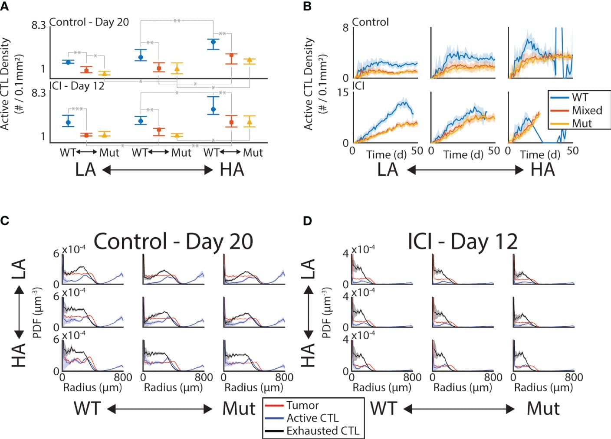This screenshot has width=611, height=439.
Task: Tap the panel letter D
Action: coord(307,220)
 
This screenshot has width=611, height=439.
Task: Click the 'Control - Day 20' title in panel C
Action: coord(173,242)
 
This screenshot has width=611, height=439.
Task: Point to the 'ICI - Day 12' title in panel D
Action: coord(463,242)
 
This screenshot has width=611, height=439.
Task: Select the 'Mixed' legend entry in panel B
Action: coord(587,110)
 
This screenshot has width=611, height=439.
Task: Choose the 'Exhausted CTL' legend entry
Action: coord(322,431)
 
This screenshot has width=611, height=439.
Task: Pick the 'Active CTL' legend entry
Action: coord(312,418)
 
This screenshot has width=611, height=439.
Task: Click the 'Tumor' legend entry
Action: coord(302,406)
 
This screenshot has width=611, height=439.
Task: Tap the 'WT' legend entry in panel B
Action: coord(580,98)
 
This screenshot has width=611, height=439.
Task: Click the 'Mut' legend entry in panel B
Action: coord(581,123)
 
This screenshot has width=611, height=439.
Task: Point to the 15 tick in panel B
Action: coord(343,93)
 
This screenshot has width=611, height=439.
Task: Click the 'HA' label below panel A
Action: coord(232,170)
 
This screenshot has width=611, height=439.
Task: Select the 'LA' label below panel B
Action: coord(388,170)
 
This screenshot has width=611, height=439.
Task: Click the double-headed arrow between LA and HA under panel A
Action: coord(158,170)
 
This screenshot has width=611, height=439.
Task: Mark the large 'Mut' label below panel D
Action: coord(543,409)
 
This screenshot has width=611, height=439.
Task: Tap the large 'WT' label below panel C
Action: coord(87,409)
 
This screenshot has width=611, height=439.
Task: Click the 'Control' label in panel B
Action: coord(370,22)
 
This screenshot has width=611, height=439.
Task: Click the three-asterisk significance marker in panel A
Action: coord(77,109)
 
